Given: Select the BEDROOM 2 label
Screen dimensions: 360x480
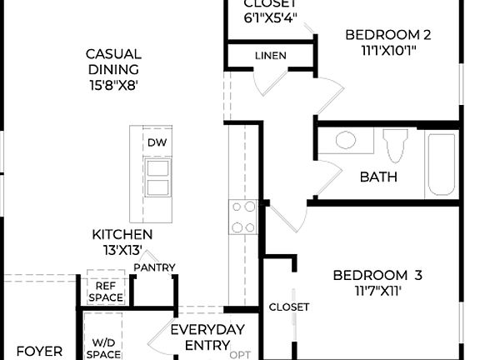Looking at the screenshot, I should coord(387,35).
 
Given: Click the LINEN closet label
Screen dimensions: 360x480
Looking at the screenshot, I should coord(270,56).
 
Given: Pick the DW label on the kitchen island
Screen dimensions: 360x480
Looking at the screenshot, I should coord(157,142).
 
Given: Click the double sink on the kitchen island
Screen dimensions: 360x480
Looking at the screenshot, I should coord(157,177).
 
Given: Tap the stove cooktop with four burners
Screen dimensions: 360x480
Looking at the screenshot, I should coord(242,217).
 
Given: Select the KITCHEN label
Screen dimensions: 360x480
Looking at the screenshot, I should coord(122,235).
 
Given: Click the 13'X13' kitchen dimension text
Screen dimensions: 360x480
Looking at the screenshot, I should coord(122,250).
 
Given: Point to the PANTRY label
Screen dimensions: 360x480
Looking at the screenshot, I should coord(155,267).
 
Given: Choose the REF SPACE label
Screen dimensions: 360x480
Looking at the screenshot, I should coord(104,291).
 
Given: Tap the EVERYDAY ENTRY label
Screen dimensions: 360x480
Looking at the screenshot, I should coord(207,337).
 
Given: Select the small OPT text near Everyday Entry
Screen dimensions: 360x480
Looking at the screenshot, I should coord(240,354).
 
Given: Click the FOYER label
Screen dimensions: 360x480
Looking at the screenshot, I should coord(39,352).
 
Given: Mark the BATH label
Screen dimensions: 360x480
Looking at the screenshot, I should coord(378,177).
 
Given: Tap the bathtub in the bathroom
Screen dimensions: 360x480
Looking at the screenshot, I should coord(441,164).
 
